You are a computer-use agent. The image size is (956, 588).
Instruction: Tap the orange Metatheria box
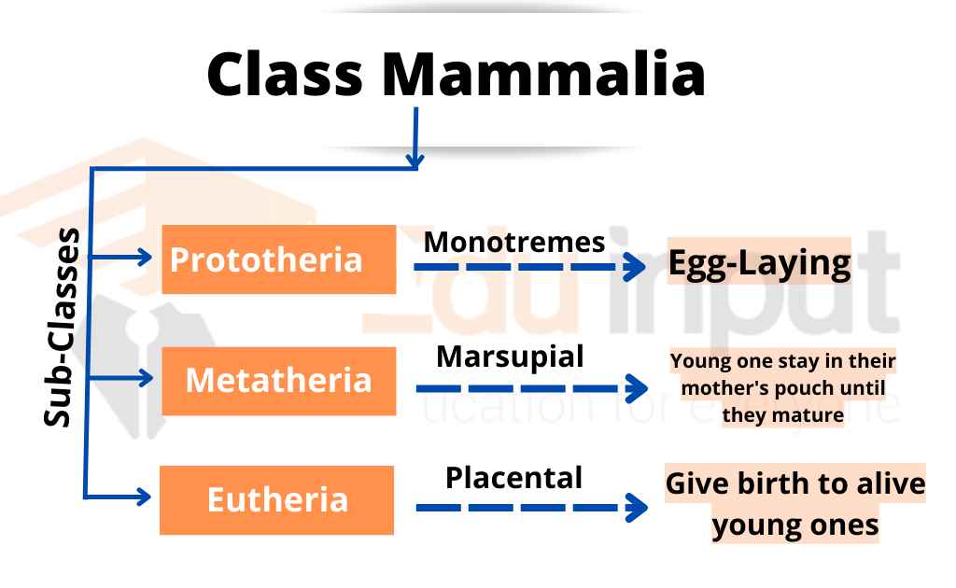pos(277,381)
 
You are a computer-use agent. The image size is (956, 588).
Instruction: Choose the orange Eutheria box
pos(277,500)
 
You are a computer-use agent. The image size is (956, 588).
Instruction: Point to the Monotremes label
pos(514,243)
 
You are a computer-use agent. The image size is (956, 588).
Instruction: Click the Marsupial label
pos(510,357)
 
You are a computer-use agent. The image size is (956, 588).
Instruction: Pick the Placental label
pos(513,478)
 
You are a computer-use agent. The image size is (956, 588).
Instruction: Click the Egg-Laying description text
pos(759,264)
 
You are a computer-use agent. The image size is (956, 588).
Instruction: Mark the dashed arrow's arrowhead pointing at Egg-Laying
pos(638,268)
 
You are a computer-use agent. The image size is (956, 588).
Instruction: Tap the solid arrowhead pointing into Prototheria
pos(144,258)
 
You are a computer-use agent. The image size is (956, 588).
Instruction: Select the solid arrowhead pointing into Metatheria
pos(144,377)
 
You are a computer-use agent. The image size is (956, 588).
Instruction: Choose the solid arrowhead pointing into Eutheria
pos(144,497)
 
